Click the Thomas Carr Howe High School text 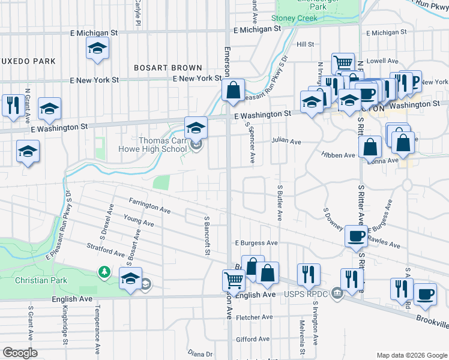pyautogui.click(x=163, y=145)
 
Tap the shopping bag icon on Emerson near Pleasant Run pyautogui.click(x=234, y=91)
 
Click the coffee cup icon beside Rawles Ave pyautogui.click(x=357, y=236)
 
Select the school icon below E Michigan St pyautogui.click(x=97, y=49)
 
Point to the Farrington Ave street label pyautogui.click(x=149, y=205)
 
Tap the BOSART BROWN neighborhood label pyautogui.click(x=167, y=68)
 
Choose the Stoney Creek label pyautogui.click(x=294, y=19)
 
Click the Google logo pyautogui.click(x=20, y=352)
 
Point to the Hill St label pyautogui.click(x=305, y=44)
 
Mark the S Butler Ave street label pyautogui.click(x=280, y=202)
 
